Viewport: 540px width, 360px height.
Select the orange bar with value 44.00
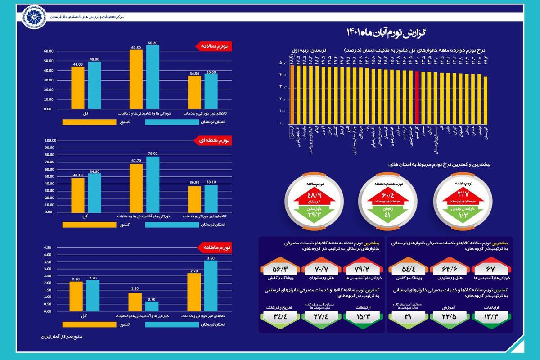(77, 88)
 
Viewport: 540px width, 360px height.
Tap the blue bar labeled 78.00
(153, 184)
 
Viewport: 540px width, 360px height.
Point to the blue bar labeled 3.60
(211, 286)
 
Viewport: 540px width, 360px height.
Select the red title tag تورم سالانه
(214, 46)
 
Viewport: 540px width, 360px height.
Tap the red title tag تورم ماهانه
(214, 247)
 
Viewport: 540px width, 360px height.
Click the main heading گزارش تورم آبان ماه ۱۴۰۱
(387, 32)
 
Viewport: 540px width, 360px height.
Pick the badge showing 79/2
(362, 269)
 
